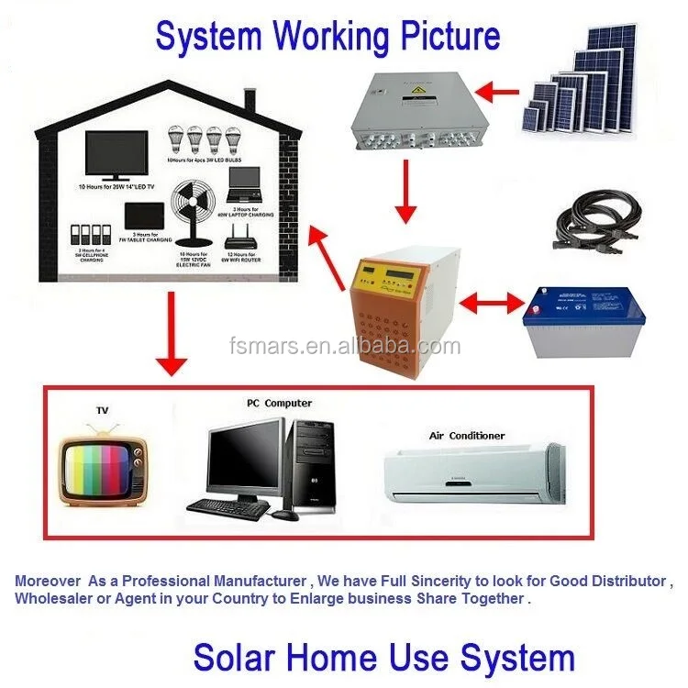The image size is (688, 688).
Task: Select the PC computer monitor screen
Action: (242, 458)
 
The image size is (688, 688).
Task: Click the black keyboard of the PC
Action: (227, 505)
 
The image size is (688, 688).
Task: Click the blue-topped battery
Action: (583, 320)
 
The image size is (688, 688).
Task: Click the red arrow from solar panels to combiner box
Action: (501, 91)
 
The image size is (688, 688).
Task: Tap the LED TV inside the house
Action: (116, 155)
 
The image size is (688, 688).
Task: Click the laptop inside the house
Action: (245, 190)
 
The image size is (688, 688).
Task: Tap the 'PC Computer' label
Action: (279, 403)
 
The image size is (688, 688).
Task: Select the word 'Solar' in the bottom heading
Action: (235, 657)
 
